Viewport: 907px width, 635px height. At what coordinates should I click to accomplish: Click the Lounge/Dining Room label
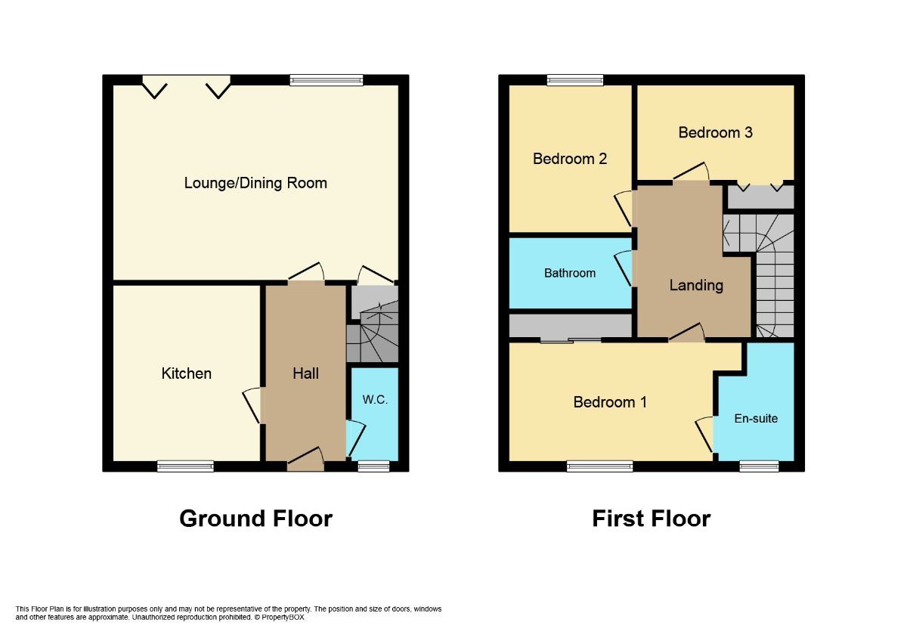click(x=255, y=183)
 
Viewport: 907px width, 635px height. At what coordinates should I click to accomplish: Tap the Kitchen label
click(x=186, y=373)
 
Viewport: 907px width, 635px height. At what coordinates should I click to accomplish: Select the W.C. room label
click(x=375, y=400)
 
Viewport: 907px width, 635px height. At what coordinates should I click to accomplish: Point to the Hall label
click(x=305, y=373)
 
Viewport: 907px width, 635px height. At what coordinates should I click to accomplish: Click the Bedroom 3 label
click(x=715, y=132)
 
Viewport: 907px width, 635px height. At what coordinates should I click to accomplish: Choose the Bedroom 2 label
click(x=570, y=159)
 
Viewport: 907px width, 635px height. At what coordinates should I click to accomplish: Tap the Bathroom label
click(x=570, y=273)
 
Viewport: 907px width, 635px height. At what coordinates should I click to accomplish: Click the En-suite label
click(x=756, y=418)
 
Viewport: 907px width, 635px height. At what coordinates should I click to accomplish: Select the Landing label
click(x=695, y=285)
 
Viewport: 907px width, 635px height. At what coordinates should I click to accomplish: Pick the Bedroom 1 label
click(x=610, y=402)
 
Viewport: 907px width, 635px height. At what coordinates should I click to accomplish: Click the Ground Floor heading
click(x=255, y=519)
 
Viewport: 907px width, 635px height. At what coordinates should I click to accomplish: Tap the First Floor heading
click(x=651, y=519)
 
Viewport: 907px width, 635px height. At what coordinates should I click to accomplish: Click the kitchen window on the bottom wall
click(x=185, y=466)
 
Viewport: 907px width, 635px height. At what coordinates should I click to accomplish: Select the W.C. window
click(x=373, y=466)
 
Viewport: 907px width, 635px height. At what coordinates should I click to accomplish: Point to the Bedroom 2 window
click(x=575, y=79)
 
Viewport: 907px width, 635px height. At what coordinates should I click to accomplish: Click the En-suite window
click(x=758, y=466)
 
